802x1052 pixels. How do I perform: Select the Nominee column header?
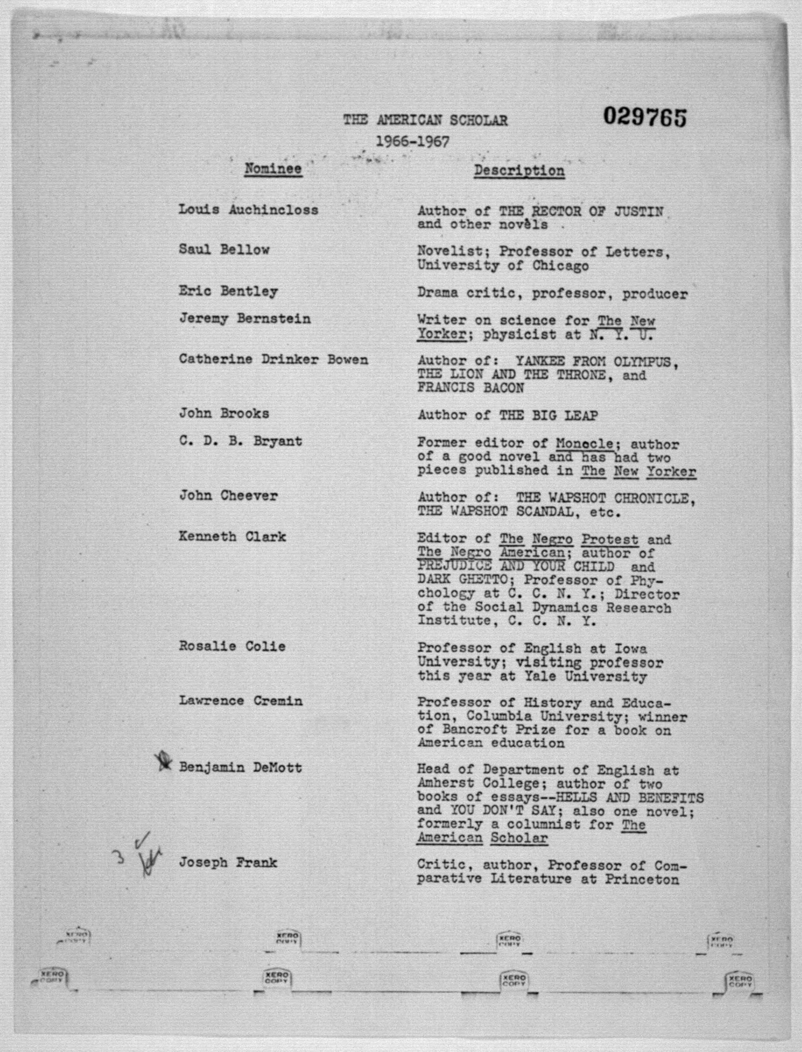[x=273, y=169]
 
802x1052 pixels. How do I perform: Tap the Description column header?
[x=519, y=171]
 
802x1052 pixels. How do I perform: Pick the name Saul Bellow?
[x=224, y=250]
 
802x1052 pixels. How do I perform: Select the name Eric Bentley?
[x=228, y=291]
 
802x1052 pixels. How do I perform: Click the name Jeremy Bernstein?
[x=245, y=318]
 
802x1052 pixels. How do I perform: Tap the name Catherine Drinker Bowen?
[x=273, y=359]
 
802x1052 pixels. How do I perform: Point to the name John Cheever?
[x=228, y=496]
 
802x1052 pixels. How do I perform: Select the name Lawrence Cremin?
[x=241, y=701]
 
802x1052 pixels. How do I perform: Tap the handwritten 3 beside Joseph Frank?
[x=121, y=857]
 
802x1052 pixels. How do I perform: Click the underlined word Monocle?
[x=584, y=444]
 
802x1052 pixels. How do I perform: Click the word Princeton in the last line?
[x=642, y=879]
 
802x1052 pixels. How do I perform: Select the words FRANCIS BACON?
[x=471, y=388]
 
